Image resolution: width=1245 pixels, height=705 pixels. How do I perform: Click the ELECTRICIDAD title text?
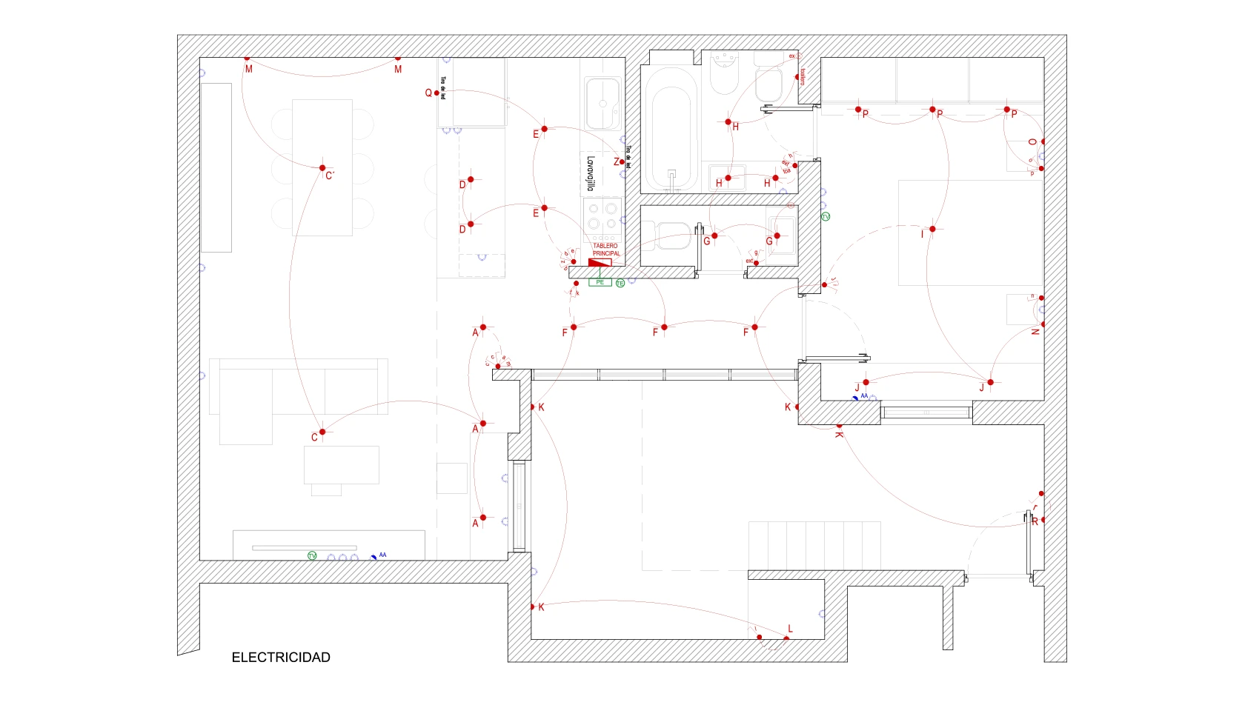281,658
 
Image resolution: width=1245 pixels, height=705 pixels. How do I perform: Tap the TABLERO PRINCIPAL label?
606,250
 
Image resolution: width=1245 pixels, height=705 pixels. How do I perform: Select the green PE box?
600,282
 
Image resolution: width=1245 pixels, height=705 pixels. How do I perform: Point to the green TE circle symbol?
620,283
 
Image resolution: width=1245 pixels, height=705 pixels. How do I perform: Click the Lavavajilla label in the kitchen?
591,173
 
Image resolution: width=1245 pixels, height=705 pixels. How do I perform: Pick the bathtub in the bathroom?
671,130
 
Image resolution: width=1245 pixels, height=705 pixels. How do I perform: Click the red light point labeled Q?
436,93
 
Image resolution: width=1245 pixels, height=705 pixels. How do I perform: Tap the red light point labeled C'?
322,168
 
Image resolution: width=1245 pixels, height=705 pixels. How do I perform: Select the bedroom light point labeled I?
932,229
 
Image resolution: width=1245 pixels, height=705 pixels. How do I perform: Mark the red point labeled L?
786,638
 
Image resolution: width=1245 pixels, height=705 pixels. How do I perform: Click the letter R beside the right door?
1035,521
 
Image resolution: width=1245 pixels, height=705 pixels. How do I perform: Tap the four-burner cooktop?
602,216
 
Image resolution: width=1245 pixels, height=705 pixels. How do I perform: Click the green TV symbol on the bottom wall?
312,555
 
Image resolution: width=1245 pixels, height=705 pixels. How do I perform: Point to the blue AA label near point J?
863,396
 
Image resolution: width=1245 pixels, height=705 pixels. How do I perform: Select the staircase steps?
814,546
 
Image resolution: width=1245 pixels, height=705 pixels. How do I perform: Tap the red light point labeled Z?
622,161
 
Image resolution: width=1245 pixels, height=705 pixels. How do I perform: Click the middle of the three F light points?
664,327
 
